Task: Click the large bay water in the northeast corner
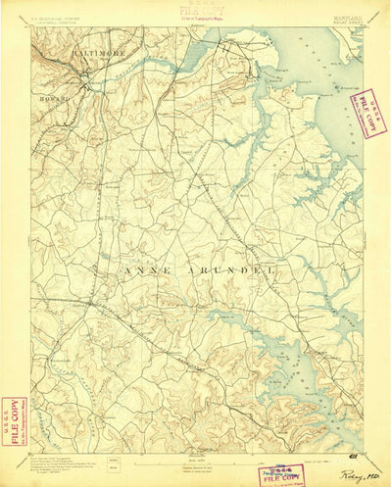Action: click(333, 59)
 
